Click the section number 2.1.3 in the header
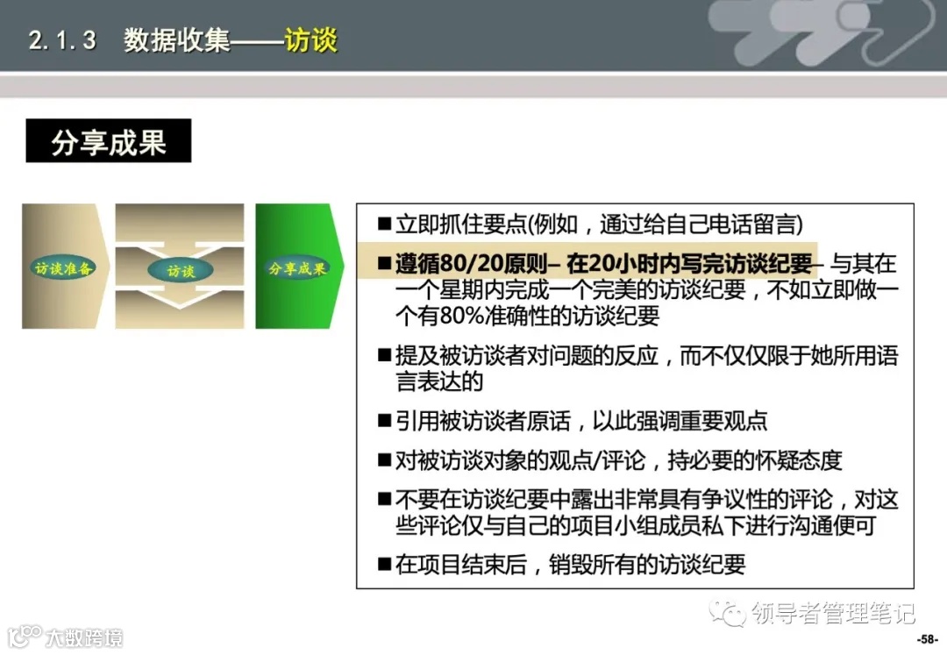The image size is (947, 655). pyautogui.click(x=62, y=41)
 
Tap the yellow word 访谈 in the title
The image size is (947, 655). pyautogui.click(x=310, y=41)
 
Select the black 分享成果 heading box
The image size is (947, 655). pyautogui.click(x=109, y=141)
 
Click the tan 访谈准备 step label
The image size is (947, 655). pyautogui.click(x=63, y=267)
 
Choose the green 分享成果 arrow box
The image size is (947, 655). pyautogui.click(x=296, y=267)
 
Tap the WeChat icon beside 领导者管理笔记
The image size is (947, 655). pyautogui.click(x=729, y=612)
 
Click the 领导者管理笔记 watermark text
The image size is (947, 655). pyautogui.click(x=833, y=612)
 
